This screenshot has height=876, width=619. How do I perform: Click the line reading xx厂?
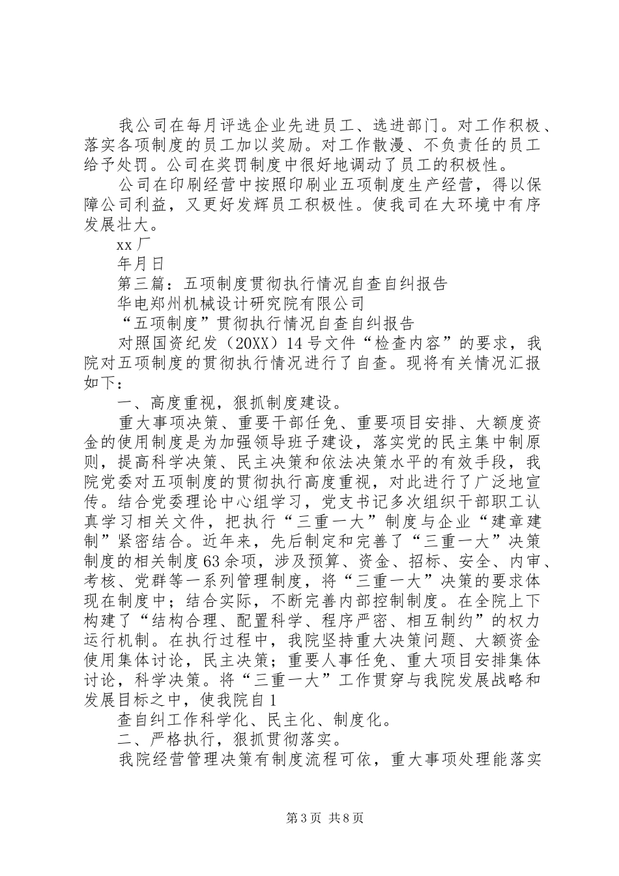click(x=134, y=246)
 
